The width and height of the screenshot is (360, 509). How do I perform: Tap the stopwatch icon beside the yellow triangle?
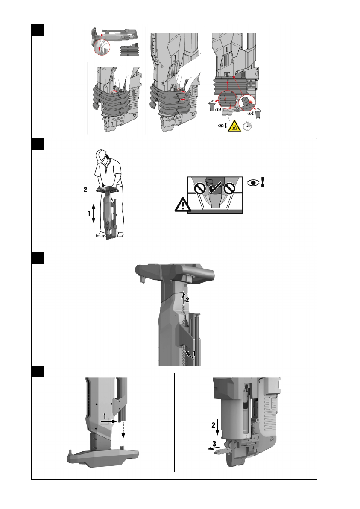coord(247,125)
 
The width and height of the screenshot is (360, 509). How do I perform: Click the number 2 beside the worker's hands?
coord(85,190)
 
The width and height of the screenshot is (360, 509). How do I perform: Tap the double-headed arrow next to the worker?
coord(94,213)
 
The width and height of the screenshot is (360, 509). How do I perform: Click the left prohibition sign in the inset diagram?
coord(199,189)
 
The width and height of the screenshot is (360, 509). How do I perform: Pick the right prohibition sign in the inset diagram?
coord(229,188)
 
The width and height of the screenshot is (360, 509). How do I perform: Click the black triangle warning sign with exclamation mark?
coord(182,205)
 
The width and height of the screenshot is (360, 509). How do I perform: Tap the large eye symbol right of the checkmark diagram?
coord(253,183)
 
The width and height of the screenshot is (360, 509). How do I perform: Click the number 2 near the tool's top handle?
coord(187,300)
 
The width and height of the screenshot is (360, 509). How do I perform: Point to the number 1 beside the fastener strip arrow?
coord(194,353)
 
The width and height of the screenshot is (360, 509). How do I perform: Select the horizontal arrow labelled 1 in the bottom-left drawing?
coord(108,421)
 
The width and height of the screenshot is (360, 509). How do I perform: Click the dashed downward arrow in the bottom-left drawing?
coord(123,430)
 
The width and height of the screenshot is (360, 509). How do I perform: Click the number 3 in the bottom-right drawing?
coord(214,444)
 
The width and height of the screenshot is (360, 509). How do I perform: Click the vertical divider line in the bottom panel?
coord(174,422)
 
